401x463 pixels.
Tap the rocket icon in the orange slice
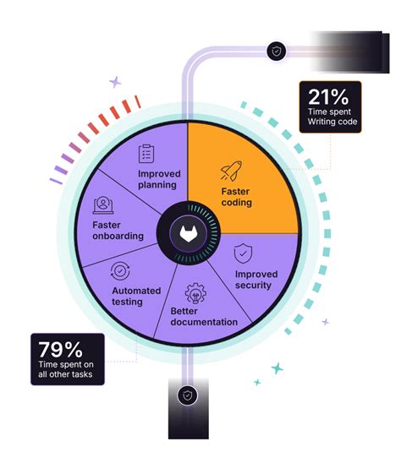coord(231,171)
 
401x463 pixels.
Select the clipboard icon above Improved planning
coord(146,154)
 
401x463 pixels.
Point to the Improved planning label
coord(159,179)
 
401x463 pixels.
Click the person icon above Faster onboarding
coord(103,205)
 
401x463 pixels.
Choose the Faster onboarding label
coord(118,231)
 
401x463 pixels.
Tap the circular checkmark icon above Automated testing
coord(120,270)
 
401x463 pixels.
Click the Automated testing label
coord(136,297)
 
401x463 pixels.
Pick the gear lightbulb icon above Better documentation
coord(195,293)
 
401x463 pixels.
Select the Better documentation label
coord(204,317)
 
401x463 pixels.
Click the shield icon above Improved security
coord(243,253)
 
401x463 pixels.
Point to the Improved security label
coord(256,280)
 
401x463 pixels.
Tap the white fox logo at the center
coord(189,234)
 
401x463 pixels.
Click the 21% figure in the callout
coord(328,97)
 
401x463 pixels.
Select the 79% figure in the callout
coord(60,350)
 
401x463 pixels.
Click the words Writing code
coord(332,122)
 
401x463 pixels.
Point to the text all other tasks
coord(65,374)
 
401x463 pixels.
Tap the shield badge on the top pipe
coord(276,51)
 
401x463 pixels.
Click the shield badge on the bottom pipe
coord(188,395)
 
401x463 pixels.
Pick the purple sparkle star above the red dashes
coord(115,82)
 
